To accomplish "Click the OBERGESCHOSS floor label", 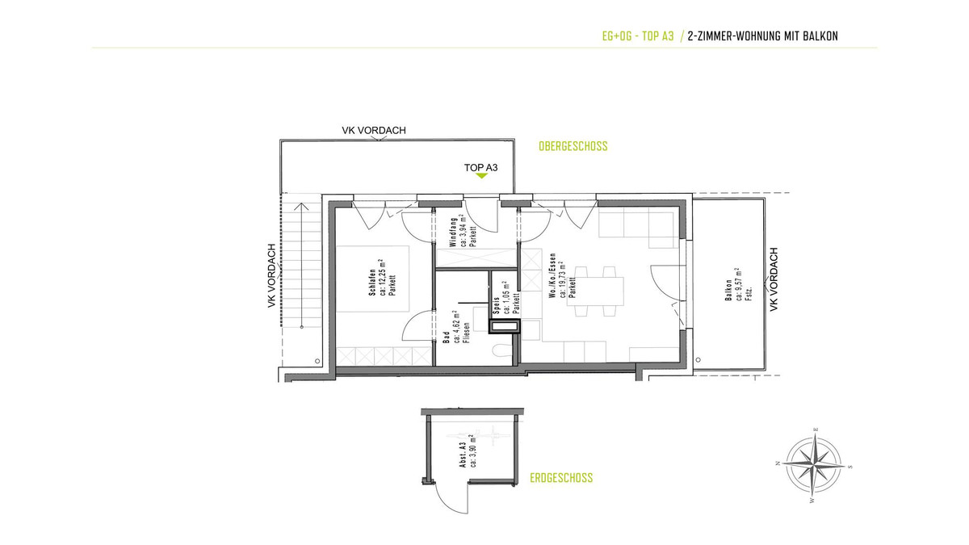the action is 573,146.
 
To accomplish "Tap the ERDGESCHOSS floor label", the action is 561,478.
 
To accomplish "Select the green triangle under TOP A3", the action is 481,176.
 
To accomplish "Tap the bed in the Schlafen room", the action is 373,279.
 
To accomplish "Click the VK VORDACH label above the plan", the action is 374,130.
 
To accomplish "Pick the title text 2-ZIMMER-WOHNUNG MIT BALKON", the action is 762,36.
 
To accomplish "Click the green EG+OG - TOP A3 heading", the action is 638,36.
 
